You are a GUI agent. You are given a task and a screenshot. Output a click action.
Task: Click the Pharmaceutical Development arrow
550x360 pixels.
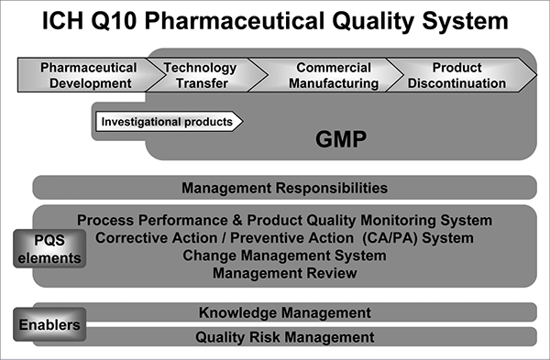pos(88,75)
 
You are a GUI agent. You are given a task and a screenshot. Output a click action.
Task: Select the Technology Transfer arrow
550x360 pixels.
pos(200,75)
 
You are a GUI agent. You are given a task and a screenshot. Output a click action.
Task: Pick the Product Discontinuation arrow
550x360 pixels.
pos(456,75)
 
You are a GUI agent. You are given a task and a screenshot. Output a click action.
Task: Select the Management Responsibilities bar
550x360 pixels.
pos(284,189)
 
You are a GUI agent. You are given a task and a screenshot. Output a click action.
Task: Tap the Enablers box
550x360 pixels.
pos(49,324)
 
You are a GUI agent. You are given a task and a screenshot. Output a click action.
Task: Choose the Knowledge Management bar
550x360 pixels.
pos(284,312)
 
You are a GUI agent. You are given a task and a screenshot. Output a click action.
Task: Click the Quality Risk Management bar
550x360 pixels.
pos(284,337)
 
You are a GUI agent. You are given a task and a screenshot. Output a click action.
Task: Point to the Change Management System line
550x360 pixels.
pos(284,256)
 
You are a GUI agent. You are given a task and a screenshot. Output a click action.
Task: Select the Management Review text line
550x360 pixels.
pos(284,273)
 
